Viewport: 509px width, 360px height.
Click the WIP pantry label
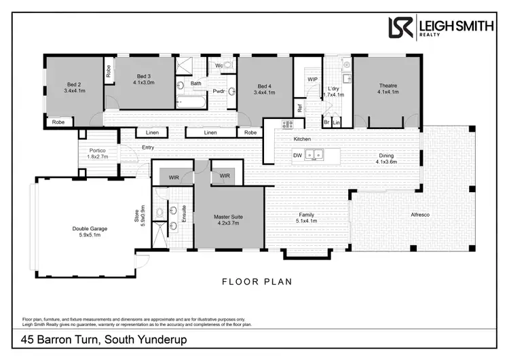pyautogui.click(x=313, y=79)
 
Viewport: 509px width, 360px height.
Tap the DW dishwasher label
pyautogui.click(x=297, y=156)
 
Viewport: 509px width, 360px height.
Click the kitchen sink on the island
pyautogui.click(x=314, y=155)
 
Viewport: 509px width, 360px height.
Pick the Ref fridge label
pyautogui.click(x=299, y=107)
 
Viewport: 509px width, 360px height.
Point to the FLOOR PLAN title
pyautogui.click(x=257, y=281)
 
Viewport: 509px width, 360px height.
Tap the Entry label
pyautogui.click(x=148, y=147)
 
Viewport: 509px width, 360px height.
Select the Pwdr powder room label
pyautogui.click(x=219, y=91)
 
